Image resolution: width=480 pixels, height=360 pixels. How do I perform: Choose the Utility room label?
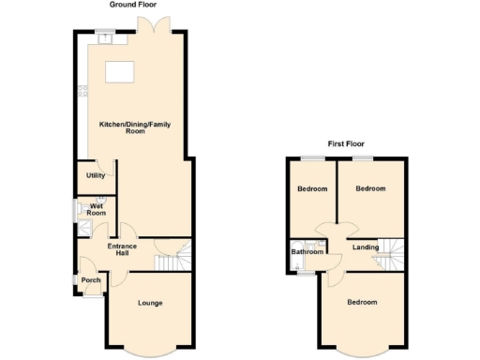pos(96,175)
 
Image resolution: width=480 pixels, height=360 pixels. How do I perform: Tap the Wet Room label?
pos(96,208)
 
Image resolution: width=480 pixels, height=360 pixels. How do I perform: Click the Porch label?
pos(91,280)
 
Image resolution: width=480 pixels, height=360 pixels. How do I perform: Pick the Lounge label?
pos(150,303)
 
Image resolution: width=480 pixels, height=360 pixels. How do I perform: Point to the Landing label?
pos(366,247)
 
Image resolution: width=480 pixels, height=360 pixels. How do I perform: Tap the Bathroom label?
pos(307,252)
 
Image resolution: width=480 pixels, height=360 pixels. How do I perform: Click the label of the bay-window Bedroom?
pos(362,302)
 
